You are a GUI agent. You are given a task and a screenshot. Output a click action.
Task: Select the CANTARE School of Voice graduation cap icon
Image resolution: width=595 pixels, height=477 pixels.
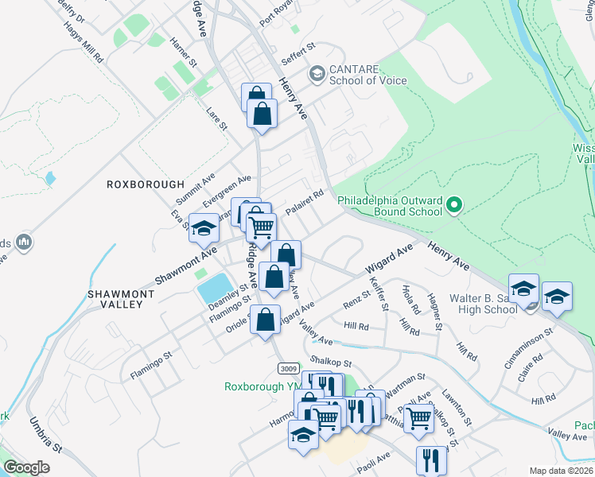coord(317,73)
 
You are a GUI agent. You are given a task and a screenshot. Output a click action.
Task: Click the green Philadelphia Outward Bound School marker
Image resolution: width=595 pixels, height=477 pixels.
coord(454,206)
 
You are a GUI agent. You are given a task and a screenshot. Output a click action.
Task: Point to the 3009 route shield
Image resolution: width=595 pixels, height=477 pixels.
coord(290,369)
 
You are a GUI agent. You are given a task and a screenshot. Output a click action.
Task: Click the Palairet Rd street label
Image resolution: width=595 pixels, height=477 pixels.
coord(305,196)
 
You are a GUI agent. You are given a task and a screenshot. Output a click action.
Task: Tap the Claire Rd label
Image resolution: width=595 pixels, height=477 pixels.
coord(531,366)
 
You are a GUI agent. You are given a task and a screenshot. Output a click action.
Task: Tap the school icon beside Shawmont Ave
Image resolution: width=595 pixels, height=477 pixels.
coord(204,229)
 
